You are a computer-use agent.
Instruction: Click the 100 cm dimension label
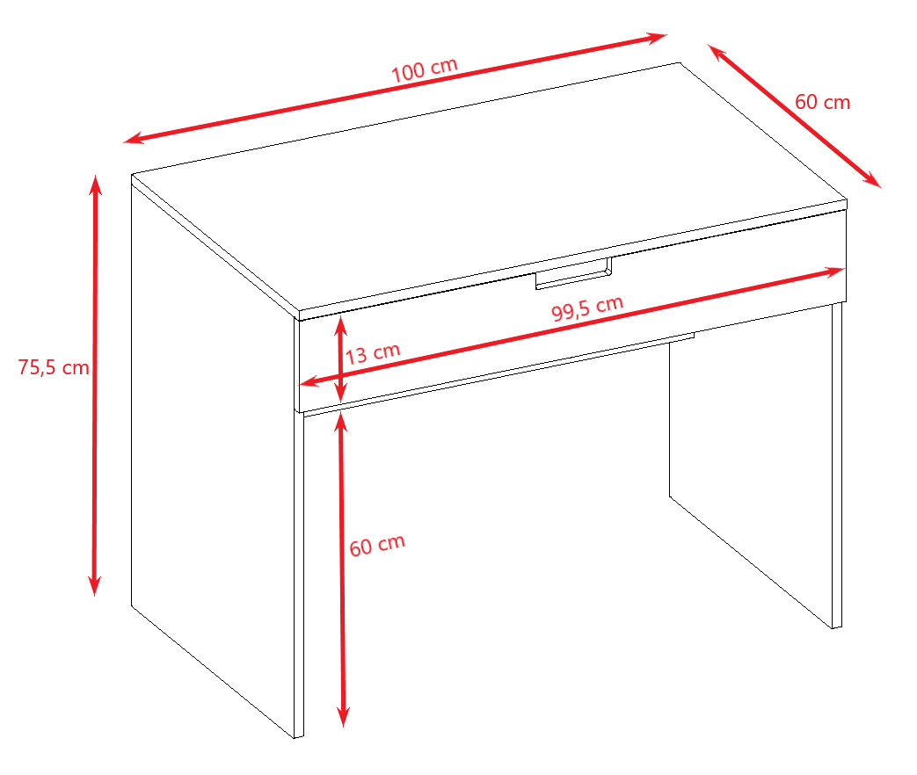[424, 70]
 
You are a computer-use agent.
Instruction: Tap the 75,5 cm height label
[54, 367]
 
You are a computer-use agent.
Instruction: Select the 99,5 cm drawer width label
[587, 308]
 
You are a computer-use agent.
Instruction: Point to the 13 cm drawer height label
[373, 353]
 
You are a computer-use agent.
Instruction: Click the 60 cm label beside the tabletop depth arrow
[822, 102]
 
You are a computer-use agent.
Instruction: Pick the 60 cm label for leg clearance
[377, 545]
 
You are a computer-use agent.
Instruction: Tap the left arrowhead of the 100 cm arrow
[132, 139]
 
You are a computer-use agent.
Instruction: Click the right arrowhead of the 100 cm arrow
[658, 38]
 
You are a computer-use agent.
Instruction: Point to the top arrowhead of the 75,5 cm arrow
[95, 184]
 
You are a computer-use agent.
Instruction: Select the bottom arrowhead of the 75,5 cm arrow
[95, 587]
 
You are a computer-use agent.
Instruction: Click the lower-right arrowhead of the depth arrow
[872, 181]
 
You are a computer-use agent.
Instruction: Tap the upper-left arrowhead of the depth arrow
[716, 51]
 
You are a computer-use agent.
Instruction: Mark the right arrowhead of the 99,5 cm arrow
[836, 272]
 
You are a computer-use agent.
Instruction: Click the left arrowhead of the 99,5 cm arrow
[308, 383]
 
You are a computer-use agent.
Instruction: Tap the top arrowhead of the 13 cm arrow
[340, 323]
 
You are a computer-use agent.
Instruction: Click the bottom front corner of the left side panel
[295, 738]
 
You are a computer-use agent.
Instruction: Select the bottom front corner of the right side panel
[833, 628]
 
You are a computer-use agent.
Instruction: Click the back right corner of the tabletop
[680, 62]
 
